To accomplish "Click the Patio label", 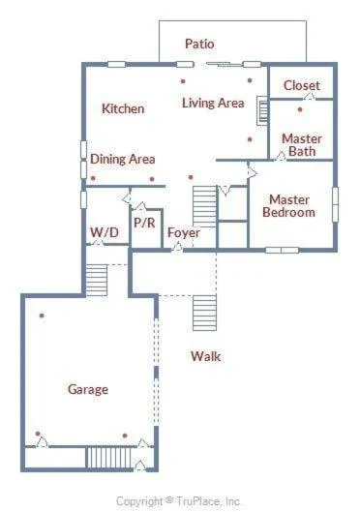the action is click(199, 44).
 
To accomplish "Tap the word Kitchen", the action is click(123, 108).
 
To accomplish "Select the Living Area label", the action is click(213, 103).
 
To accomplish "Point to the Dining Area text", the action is click(122, 159).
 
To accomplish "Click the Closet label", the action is click(302, 85).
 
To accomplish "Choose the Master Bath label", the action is click(302, 145).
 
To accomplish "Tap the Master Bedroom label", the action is click(288, 206).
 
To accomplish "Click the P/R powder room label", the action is click(144, 223).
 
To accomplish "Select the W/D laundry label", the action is click(105, 232).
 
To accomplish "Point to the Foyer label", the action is click(184, 232).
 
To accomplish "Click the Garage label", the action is click(88, 389).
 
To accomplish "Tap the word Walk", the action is click(205, 356).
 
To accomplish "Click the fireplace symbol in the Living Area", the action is click(262, 110).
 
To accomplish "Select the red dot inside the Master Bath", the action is click(300, 109).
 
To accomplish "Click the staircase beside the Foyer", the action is click(204, 207).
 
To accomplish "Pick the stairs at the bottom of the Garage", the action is click(108, 458).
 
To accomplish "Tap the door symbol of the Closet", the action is click(310, 97).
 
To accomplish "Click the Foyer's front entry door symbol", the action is click(177, 247).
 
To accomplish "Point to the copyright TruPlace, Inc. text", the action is click(179, 501).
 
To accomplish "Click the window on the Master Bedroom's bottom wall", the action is click(282, 251).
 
